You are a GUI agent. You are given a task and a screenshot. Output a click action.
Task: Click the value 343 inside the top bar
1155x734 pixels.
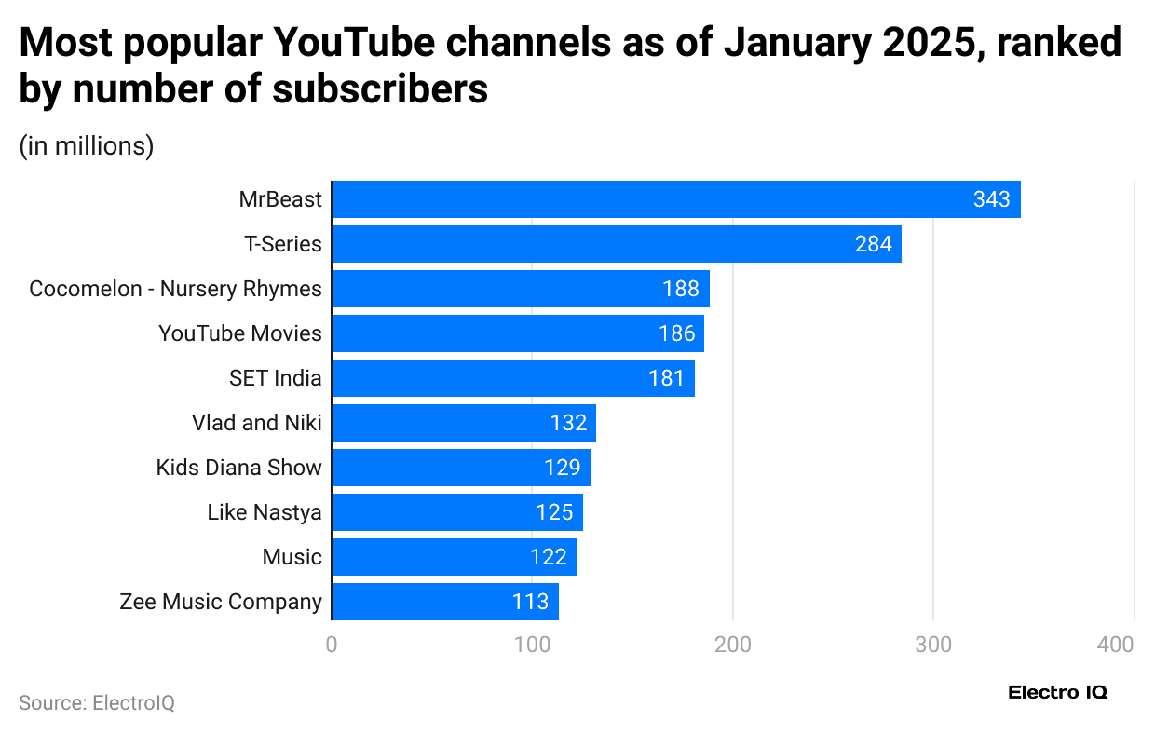pyautogui.click(x=991, y=199)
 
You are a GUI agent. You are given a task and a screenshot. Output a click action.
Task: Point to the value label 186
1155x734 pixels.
pyautogui.click(x=676, y=333)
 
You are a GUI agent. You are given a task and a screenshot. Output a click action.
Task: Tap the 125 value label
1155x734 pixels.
pyautogui.click(x=554, y=512)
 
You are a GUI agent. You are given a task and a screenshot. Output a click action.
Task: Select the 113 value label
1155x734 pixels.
pyautogui.click(x=530, y=602)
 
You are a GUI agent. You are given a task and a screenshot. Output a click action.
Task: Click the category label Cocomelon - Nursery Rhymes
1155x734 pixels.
pyautogui.click(x=175, y=289)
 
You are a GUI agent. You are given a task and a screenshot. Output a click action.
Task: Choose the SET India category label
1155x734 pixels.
pyautogui.click(x=276, y=378)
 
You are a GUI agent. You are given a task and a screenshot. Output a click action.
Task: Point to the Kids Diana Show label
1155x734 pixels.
pyautogui.click(x=238, y=468)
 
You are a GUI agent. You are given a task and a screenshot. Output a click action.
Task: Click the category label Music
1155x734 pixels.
pyautogui.click(x=292, y=557)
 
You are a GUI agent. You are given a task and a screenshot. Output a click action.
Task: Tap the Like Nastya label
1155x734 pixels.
pyautogui.click(x=265, y=512)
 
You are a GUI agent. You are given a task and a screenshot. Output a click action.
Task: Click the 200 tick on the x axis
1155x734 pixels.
pyautogui.click(x=733, y=644)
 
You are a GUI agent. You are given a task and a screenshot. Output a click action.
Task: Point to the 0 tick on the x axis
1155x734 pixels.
pyautogui.click(x=332, y=644)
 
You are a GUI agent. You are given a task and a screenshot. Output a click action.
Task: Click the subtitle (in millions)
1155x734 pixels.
pyautogui.click(x=87, y=146)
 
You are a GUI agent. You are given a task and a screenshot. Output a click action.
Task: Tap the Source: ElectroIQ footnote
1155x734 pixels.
pyautogui.click(x=97, y=702)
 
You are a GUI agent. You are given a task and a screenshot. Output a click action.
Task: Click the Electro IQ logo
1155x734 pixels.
pyautogui.click(x=1058, y=693)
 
